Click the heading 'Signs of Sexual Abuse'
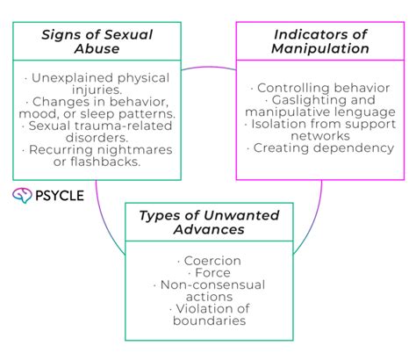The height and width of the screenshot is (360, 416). [97, 42]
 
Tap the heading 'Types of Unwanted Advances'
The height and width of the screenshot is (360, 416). [208, 223]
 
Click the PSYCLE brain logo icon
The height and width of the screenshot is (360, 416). [22, 195]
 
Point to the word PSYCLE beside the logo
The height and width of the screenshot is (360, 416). [60, 195]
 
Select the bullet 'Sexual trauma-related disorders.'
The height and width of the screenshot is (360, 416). [97, 132]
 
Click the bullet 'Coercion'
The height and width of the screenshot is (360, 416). [208, 261]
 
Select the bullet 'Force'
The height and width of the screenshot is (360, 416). [208, 273]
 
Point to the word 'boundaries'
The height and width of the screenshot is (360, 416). [208, 320]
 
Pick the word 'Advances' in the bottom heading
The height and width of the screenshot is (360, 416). [208, 231]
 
